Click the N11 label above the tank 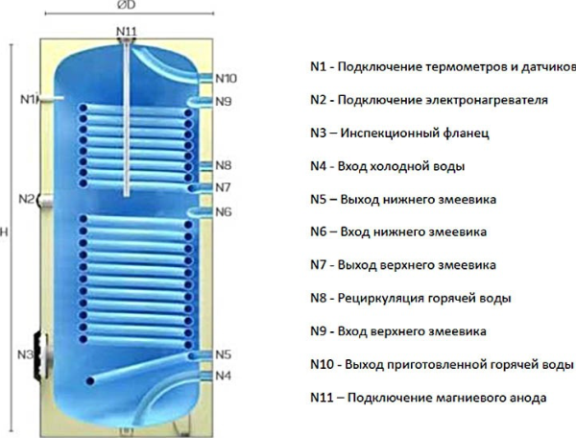click(127, 32)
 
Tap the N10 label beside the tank click(226, 78)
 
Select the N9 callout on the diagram click(224, 101)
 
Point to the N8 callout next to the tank click(224, 165)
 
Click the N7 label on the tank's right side click(223, 187)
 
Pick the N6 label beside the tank click(224, 211)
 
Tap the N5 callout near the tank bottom click(223, 354)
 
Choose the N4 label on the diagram click(223, 376)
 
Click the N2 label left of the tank click(27, 199)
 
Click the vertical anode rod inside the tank click(127, 120)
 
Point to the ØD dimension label click(127, 5)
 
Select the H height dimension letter click(4, 231)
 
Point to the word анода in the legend click(530, 398)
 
